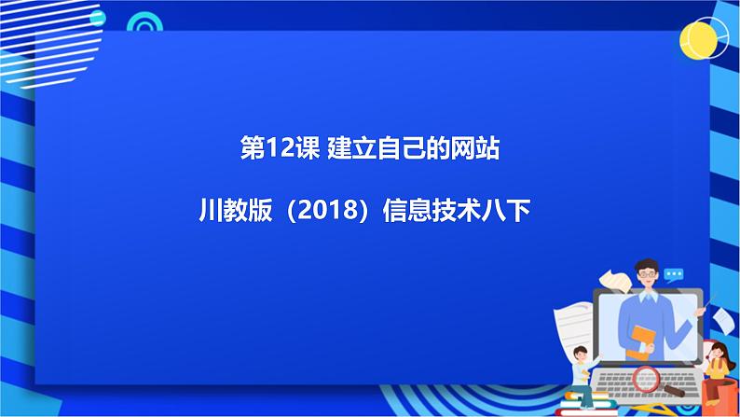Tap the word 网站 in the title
pyautogui.click(x=475, y=149)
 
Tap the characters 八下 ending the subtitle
pyautogui.click(x=508, y=213)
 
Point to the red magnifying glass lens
pyautogui.click(x=645, y=378)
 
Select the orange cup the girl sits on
pyautogui.click(x=715, y=393)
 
